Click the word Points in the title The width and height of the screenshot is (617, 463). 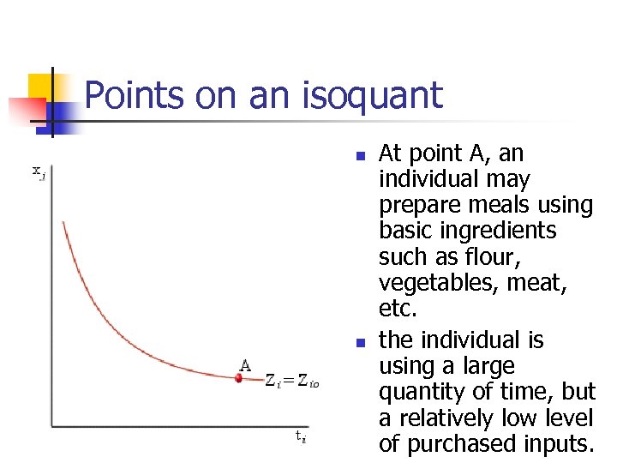(x=135, y=95)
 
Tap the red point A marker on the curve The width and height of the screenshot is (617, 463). (x=240, y=377)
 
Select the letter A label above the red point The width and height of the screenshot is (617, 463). (x=245, y=364)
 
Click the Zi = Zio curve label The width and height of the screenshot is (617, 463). (x=291, y=381)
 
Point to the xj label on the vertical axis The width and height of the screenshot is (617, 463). (x=39, y=171)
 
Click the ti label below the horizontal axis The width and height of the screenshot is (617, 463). (x=300, y=436)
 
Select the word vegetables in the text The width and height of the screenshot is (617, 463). (x=429, y=283)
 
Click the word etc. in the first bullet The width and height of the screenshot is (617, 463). (x=396, y=309)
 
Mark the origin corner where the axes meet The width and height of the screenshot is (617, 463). (x=51, y=425)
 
